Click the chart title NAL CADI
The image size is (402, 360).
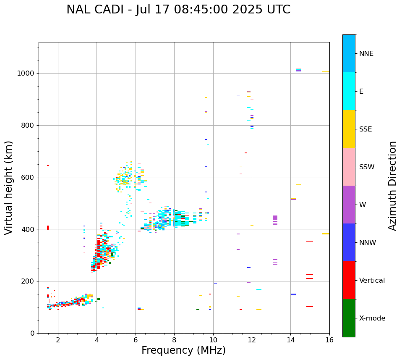tap(178, 10)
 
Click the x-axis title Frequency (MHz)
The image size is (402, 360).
tap(183, 350)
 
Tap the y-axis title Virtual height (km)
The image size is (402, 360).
tap(9, 188)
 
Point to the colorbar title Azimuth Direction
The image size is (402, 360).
tap(392, 186)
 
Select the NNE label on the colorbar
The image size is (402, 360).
tap(366, 54)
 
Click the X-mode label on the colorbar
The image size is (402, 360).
tap(372, 318)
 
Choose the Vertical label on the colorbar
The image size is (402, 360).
tap(372, 281)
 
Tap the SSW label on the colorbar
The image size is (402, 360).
tap(367, 167)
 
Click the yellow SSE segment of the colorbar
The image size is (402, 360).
tap(349, 129)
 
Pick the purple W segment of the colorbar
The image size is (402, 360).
tap(349, 205)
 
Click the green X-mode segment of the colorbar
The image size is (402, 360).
tap(349, 318)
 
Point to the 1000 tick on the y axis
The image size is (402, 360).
tap(28, 73)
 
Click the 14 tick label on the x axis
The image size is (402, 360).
tap(290, 340)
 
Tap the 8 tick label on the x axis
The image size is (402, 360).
tap(174, 340)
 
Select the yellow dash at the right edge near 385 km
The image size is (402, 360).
tap(326, 234)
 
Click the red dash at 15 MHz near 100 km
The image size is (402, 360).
tap(310, 307)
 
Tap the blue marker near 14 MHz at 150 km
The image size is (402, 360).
tap(293, 294)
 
